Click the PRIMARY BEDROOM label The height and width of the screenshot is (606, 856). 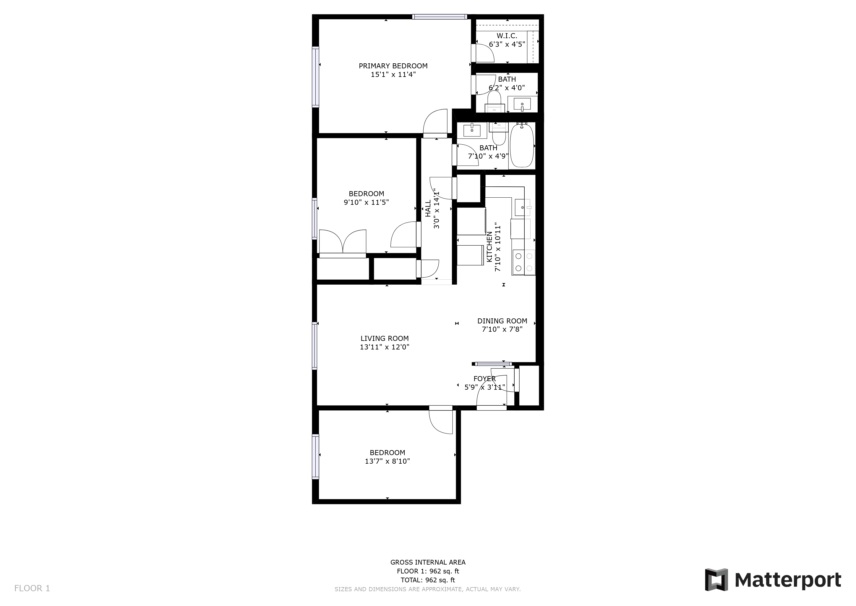tap(393, 66)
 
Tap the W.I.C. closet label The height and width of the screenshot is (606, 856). tap(507, 36)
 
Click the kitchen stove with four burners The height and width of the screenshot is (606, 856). tap(523, 262)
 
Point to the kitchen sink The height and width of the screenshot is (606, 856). tap(523, 207)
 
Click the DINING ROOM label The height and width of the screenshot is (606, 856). tap(502, 321)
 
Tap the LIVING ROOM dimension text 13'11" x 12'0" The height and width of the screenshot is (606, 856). tap(384, 347)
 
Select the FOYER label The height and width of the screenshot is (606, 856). tap(485, 379)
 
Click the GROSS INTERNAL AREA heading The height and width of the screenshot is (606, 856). tap(428, 562)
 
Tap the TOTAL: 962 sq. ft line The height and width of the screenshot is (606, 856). tap(428, 580)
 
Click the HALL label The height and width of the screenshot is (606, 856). tap(428, 208)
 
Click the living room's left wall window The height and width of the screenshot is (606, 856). tap(315, 346)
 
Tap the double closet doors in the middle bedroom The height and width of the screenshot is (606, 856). tap(343, 243)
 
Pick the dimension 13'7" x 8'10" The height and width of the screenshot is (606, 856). tap(388, 461)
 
